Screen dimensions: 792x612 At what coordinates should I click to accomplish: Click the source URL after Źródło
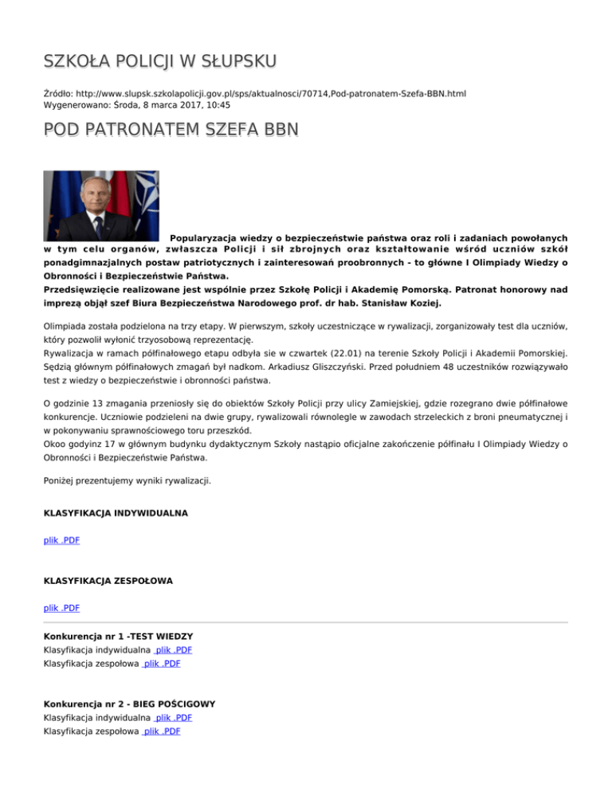click(x=271, y=93)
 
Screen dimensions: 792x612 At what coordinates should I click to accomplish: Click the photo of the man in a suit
click(x=100, y=206)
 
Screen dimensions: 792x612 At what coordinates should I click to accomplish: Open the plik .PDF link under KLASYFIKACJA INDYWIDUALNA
click(x=61, y=541)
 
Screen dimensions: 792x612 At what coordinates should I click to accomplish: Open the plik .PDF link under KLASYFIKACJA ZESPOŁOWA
click(x=61, y=608)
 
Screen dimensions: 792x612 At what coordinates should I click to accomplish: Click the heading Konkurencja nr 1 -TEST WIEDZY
click(x=118, y=637)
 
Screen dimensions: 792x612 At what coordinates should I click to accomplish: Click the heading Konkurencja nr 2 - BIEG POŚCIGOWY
click(x=129, y=704)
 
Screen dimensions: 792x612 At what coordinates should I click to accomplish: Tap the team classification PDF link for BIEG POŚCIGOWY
click(x=160, y=731)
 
